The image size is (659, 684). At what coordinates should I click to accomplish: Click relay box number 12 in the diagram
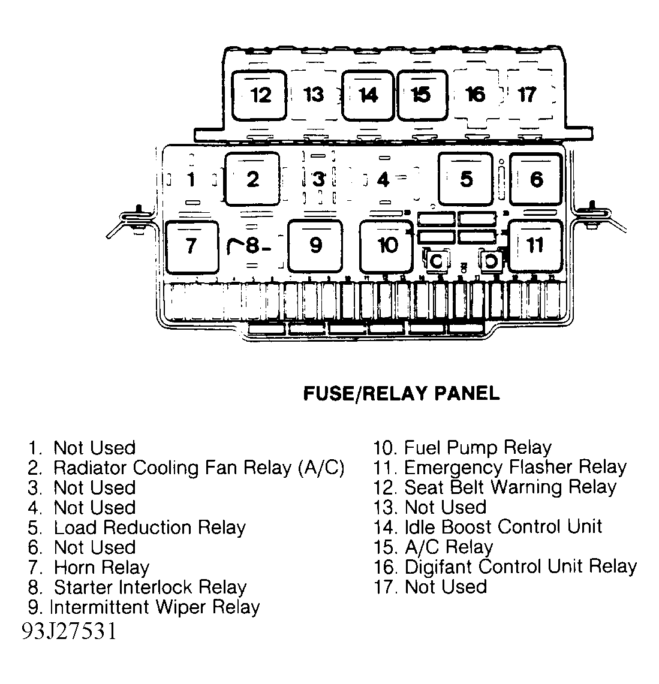pyautogui.click(x=259, y=95)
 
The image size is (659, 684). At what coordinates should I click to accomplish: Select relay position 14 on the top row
pyautogui.click(x=368, y=95)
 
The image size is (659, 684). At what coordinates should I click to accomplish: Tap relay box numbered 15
pyautogui.click(x=422, y=95)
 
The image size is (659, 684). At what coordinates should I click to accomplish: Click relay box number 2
pyautogui.click(x=252, y=179)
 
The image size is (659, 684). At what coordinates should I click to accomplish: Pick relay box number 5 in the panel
pyautogui.click(x=466, y=179)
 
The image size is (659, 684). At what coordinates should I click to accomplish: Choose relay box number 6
pyautogui.click(x=536, y=179)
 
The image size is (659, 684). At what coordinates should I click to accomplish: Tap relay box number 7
pyautogui.click(x=191, y=246)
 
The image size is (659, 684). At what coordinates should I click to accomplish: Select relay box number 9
pyautogui.click(x=315, y=246)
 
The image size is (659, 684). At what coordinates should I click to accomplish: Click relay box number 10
pyautogui.click(x=386, y=246)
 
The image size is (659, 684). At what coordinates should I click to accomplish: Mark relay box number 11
pyautogui.click(x=535, y=246)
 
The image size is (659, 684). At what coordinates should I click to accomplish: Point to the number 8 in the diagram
pyautogui.click(x=252, y=246)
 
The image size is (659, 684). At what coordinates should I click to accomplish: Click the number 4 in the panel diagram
pyautogui.click(x=383, y=179)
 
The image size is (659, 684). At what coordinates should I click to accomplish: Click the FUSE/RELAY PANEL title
pyautogui.click(x=401, y=393)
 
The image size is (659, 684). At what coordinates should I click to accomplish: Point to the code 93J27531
pyautogui.click(x=70, y=631)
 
